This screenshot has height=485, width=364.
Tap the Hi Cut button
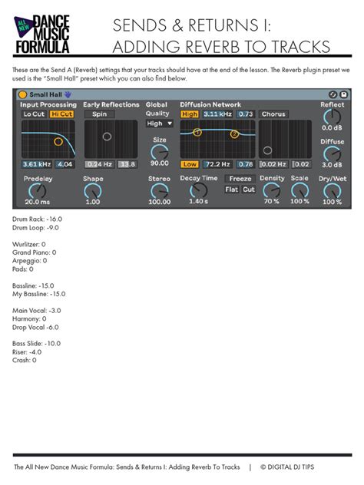[61, 114]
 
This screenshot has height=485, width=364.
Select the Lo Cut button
[33, 114]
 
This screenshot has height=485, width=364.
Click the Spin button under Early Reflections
[100, 114]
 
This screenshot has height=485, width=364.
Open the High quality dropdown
[159, 123]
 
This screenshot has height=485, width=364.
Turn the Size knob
[160, 151]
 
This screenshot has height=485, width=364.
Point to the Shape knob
[93, 189]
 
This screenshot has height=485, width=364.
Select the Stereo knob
[160, 189]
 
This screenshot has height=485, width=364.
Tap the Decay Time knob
[198, 190]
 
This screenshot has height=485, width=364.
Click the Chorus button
[273, 114]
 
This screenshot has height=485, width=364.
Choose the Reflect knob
[332, 117]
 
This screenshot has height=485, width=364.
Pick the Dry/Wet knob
[332, 189]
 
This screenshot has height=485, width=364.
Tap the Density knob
[271, 189]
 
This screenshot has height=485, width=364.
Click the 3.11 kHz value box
[217, 114]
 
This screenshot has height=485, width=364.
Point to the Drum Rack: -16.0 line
[38, 219]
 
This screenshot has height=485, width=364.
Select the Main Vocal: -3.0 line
[37, 310]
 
